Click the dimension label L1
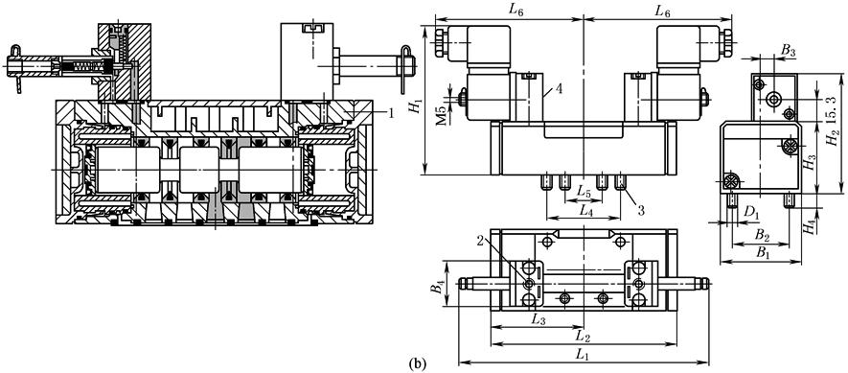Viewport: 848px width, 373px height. click(x=582, y=355)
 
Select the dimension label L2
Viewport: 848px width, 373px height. click(x=583, y=338)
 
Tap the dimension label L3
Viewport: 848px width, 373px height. click(x=538, y=320)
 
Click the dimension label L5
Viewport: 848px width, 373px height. click(x=583, y=192)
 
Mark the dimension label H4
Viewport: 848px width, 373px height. click(x=809, y=227)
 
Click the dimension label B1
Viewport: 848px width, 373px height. click(x=763, y=253)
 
